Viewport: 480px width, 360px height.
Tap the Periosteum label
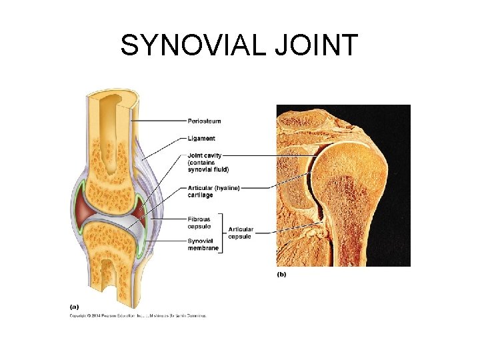(204, 121)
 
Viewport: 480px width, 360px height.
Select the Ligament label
(201, 138)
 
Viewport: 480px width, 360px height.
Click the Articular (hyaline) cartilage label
(213, 191)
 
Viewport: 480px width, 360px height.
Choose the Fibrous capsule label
(200, 222)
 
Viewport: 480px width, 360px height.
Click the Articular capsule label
(240, 233)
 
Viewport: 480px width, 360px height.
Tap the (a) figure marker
(75, 307)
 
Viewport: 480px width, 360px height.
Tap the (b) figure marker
(281, 274)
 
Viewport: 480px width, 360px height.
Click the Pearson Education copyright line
(139, 315)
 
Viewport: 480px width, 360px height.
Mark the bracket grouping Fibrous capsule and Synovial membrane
(222, 233)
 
